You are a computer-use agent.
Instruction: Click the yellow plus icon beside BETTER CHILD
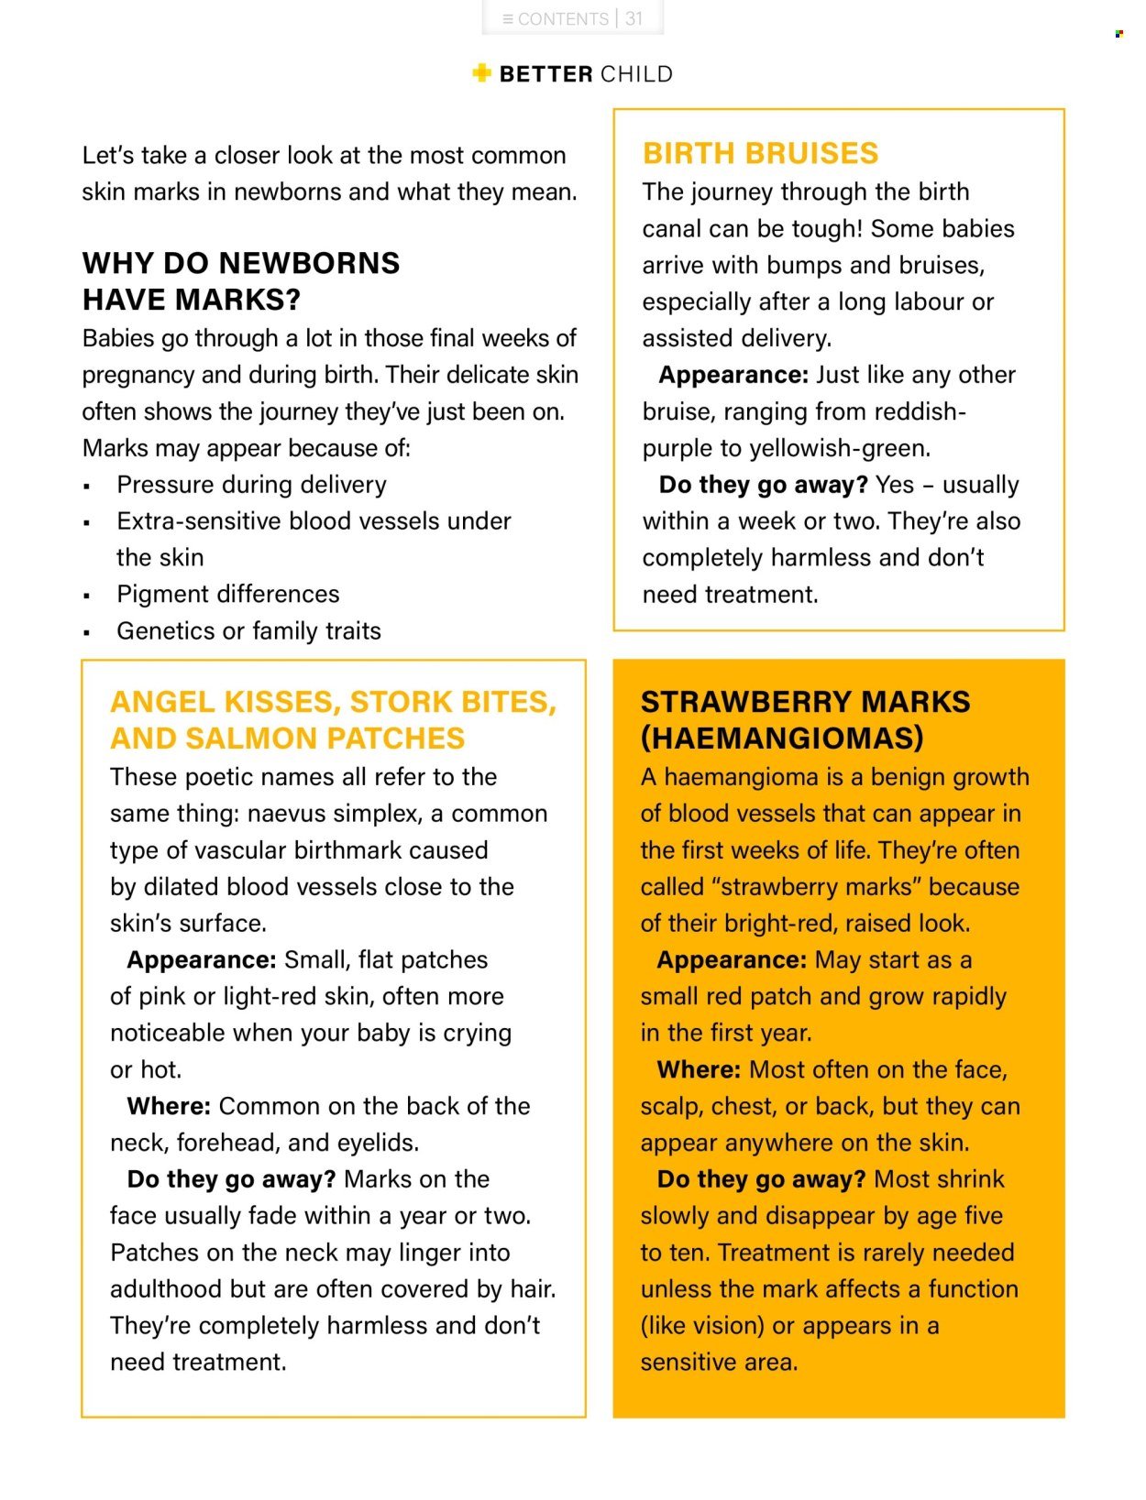[x=482, y=73]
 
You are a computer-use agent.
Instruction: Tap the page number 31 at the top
[x=634, y=18]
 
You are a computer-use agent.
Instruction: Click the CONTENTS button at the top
[x=556, y=18]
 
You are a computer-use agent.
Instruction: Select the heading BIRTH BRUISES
[x=760, y=153]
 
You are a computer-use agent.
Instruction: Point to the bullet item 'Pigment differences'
[x=227, y=594]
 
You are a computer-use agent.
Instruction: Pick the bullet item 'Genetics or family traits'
[x=248, y=630]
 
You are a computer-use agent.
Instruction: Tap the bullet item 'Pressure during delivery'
[x=251, y=484]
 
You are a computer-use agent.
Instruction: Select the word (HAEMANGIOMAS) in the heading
[x=782, y=739]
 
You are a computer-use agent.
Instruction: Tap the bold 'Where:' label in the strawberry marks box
[x=699, y=1069]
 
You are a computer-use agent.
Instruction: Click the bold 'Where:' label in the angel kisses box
[x=169, y=1106]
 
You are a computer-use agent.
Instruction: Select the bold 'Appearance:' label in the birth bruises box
[x=733, y=375]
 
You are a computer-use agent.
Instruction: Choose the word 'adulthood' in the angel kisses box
[x=166, y=1289]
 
